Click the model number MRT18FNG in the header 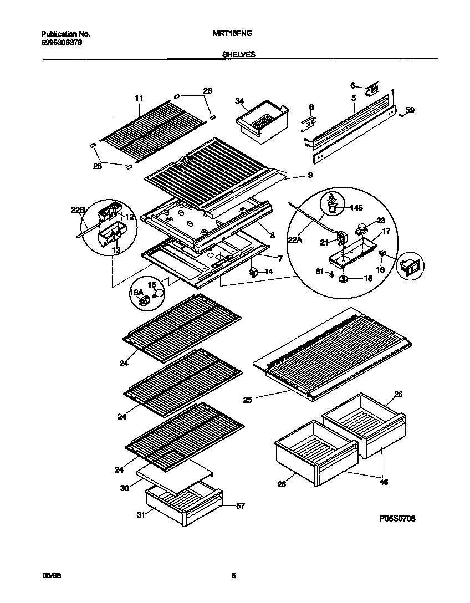(x=233, y=33)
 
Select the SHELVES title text (x=238, y=55)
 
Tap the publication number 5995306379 (x=62, y=43)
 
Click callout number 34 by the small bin (x=239, y=101)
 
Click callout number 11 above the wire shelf (x=139, y=98)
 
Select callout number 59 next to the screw (x=410, y=111)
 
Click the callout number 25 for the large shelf (x=248, y=399)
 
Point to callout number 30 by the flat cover (x=124, y=488)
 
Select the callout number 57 (x=240, y=505)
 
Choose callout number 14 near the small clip (x=268, y=272)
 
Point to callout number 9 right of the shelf (x=309, y=175)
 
